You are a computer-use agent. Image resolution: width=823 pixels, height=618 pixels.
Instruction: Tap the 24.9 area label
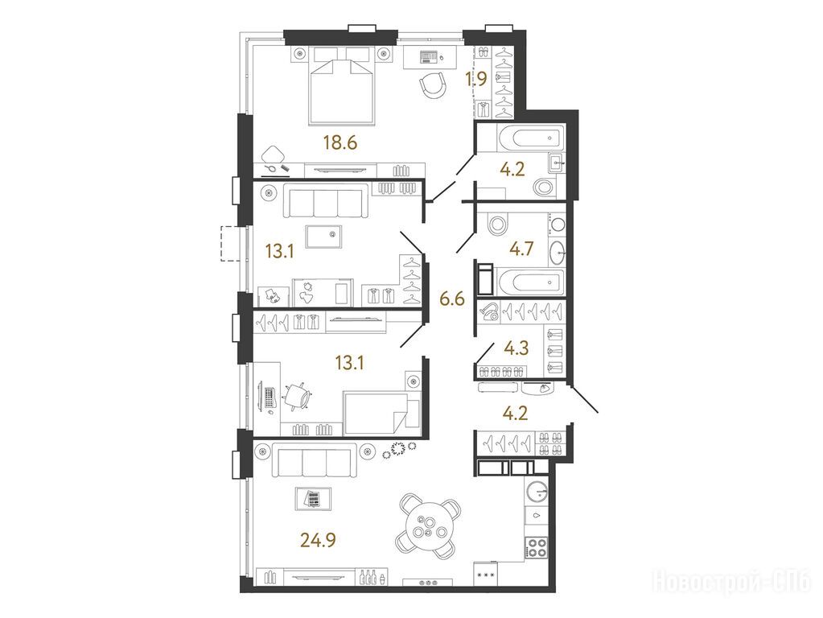(318, 538)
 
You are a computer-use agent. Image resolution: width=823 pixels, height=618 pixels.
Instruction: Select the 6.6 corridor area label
(452, 299)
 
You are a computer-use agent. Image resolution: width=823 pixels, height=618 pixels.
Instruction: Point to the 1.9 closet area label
(476, 79)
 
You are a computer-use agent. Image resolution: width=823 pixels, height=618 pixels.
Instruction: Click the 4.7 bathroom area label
(521, 248)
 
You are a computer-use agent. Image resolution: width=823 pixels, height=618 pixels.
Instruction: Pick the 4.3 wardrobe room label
(516, 348)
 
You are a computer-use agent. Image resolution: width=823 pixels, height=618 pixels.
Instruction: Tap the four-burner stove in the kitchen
(537, 547)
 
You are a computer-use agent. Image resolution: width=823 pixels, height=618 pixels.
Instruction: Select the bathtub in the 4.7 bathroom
(529, 281)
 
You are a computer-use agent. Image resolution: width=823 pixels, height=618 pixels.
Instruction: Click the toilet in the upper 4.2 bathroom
(544, 187)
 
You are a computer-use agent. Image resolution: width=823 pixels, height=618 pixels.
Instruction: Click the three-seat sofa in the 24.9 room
(314, 462)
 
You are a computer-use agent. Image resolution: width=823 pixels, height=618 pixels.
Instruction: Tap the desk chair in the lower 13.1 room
(297, 396)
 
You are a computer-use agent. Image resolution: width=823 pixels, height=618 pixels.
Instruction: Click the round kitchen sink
(537, 492)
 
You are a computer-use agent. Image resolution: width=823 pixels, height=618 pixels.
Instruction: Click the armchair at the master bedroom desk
(433, 85)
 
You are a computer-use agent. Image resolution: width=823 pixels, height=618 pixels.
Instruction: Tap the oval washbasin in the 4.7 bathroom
(557, 253)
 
